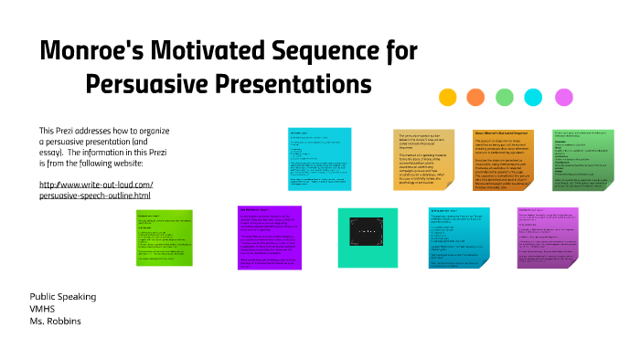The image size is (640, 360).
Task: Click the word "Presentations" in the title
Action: click(x=295, y=84)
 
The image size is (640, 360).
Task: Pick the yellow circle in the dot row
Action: click(x=448, y=98)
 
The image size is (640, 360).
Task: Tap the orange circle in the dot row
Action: click(x=476, y=98)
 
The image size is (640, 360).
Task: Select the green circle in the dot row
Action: click(x=505, y=98)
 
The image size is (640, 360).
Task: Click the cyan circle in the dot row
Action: click(x=533, y=98)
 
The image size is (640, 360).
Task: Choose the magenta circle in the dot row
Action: click(x=564, y=98)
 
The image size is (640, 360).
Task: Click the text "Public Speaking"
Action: click(x=62, y=297)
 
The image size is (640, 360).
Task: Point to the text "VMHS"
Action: click(x=42, y=309)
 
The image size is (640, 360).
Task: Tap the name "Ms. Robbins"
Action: click(x=56, y=322)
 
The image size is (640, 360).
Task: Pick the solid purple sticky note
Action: click(x=269, y=237)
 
